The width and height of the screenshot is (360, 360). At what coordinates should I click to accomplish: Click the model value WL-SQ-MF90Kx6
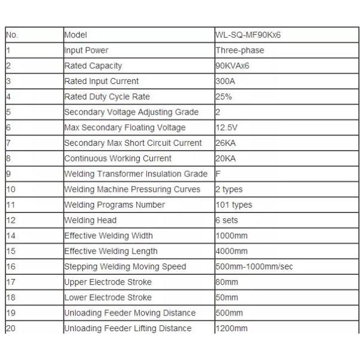(x=248, y=35)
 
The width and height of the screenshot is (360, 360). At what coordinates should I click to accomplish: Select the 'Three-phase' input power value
(x=239, y=50)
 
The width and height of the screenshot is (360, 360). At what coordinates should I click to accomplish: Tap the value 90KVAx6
(x=232, y=66)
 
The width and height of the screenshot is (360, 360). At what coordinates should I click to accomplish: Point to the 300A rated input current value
(x=225, y=81)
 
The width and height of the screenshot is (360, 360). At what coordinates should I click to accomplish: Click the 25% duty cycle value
(x=223, y=97)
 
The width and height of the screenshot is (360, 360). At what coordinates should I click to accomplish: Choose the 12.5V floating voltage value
(x=227, y=127)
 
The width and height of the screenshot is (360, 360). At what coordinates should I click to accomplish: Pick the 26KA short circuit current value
(x=225, y=143)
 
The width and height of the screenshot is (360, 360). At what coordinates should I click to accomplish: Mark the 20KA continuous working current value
(x=225, y=158)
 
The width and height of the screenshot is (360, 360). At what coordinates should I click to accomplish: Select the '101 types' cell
(x=233, y=205)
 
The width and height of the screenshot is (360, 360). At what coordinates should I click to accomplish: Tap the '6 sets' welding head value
(x=227, y=220)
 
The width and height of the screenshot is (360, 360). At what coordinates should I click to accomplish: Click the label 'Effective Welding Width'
(x=108, y=236)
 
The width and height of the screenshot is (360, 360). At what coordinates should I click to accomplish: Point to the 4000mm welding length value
(x=231, y=251)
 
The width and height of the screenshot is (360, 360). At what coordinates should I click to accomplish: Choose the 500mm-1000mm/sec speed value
(x=254, y=266)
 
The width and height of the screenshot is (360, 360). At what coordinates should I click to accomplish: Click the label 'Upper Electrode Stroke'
(x=107, y=282)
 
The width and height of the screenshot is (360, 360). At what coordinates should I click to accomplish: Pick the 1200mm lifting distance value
(x=231, y=328)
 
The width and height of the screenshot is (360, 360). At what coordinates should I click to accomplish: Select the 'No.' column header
(x=12, y=35)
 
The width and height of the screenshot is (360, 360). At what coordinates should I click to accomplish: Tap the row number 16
(x=10, y=266)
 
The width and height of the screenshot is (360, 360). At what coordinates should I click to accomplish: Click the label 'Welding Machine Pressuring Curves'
(x=132, y=190)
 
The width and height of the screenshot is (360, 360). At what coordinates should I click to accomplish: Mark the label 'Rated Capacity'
(x=93, y=66)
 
